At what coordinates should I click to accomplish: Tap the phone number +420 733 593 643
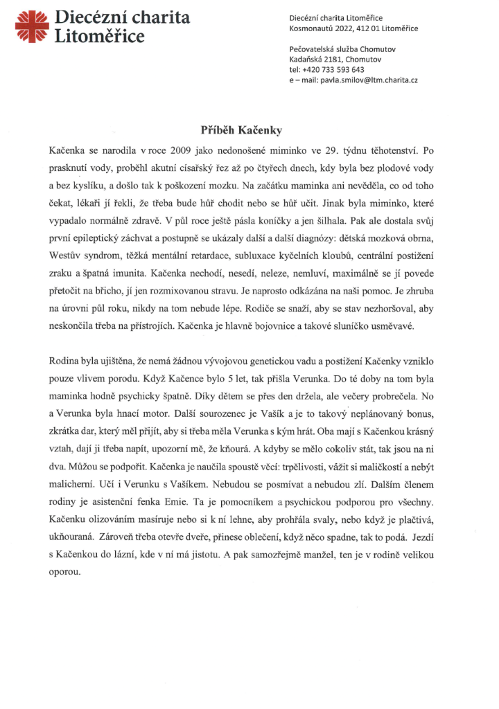[x=337, y=69]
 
